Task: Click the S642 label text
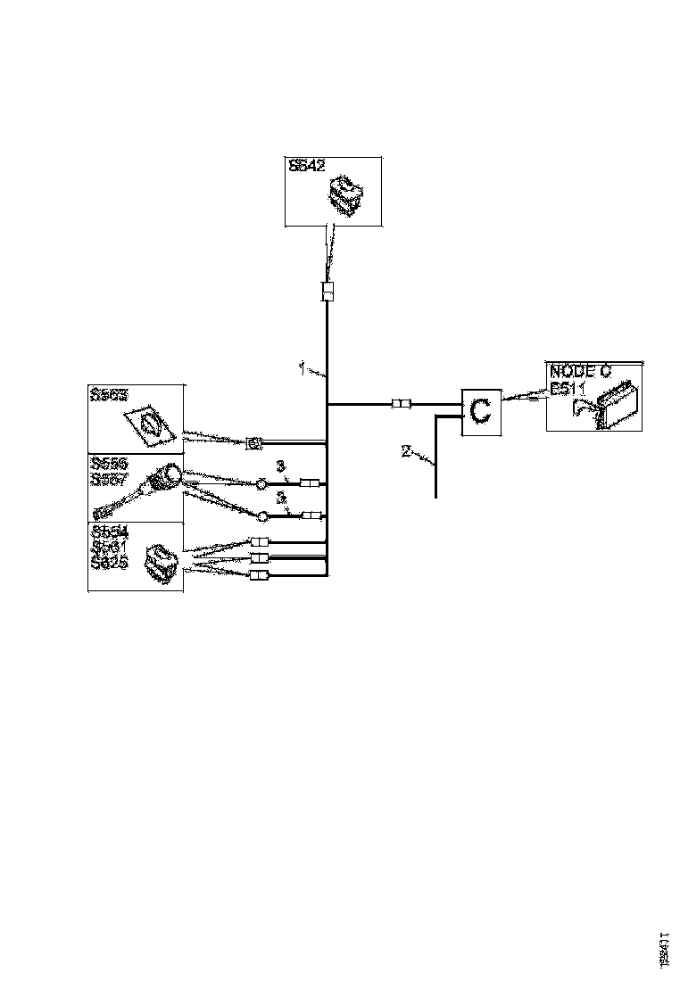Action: pyautogui.click(x=306, y=165)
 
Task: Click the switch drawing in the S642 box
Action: pyautogui.click(x=344, y=194)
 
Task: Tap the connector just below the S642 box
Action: pyautogui.click(x=328, y=292)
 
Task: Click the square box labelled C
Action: pyautogui.click(x=480, y=412)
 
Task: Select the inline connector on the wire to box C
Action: pyautogui.click(x=402, y=405)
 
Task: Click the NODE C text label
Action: pyautogui.click(x=580, y=371)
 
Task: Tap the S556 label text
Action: pyautogui.click(x=109, y=464)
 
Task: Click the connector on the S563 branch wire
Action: pyautogui.click(x=253, y=441)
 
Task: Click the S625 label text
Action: pyautogui.click(x=109, y=563)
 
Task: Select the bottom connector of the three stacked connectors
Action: pyautogui.click(x=259, y=573)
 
